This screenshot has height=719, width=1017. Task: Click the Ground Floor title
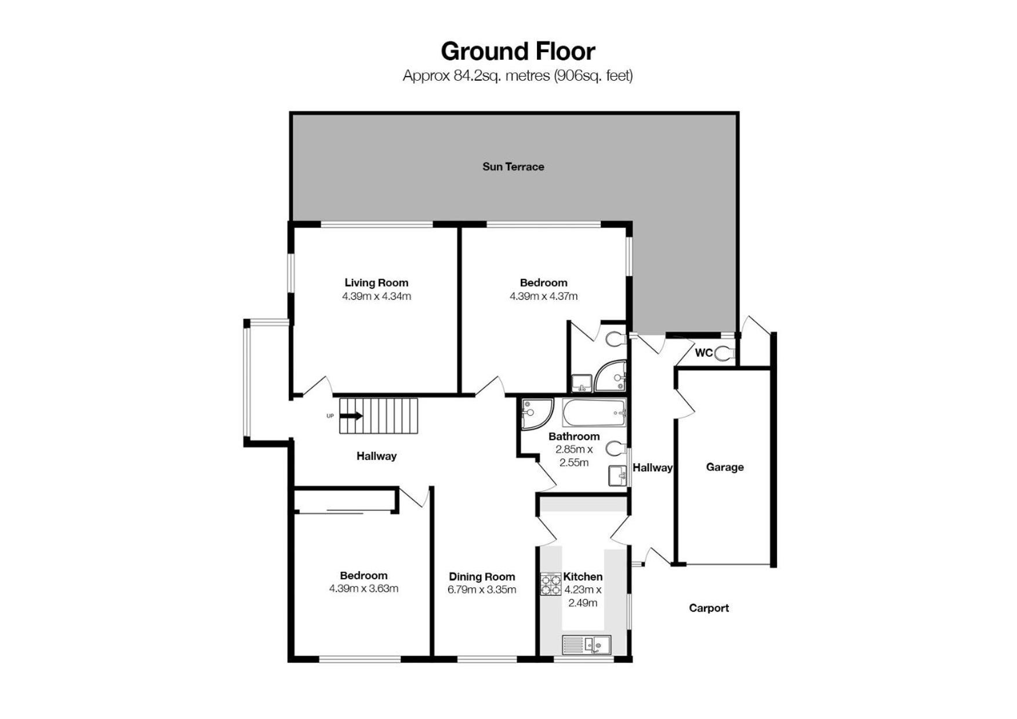pyautogui.click(x=518, y=52)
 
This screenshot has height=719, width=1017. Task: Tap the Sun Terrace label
pyautogui.click(x=513, y=167)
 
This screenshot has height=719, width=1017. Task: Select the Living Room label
pyautogui.click(x=376, y=283)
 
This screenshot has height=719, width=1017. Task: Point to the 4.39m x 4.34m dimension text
pyautogui.click(x=376, y=296)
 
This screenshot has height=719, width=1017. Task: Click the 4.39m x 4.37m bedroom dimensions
pyautogui.click(x=543, y=296)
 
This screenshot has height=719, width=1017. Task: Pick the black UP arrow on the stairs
pyautogui.click(x=351, y=416)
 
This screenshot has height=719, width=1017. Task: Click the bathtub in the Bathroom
pyautogui.click(x=594, y=413)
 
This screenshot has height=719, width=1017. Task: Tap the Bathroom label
pyautogui.click(x=573, y=436)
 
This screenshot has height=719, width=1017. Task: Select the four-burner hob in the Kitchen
pyautogui.click(x=550, y=584)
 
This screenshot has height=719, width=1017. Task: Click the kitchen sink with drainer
pyautogui.click(x=587, y=645)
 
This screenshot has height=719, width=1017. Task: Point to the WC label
pyautogui.click(x=703, y=353)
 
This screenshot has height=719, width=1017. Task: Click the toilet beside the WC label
pyautogui.click(x=725, y=353)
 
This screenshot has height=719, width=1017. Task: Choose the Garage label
pyautogui.click(x=725, y=467)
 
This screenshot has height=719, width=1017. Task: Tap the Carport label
pyautogui.click(x=709, y=608)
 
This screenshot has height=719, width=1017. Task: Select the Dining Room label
pyautogui.click(x=482, y=577)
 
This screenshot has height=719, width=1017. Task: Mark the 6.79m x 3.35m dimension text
pyautogui.click(x=482, y=590)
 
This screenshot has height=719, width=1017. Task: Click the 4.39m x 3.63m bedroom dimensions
pyautogui.click(x=364, y=588)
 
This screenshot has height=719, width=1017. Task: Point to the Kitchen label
pyautogui.click(x=583, y=577)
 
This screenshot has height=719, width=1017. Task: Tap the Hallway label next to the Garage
pyautogui.click(x=652, y=468)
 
